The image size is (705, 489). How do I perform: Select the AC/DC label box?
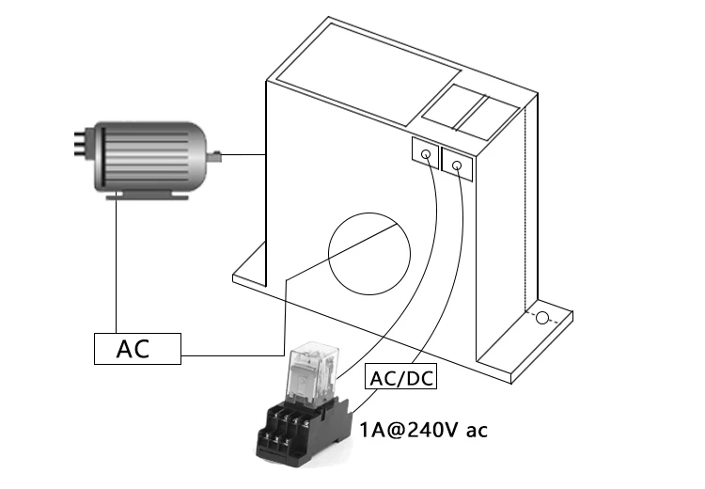(399, 379)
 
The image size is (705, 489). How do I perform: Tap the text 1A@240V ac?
(424, 432)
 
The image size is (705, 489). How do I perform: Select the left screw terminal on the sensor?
(426, 153)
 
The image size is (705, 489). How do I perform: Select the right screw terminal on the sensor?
(457, 166)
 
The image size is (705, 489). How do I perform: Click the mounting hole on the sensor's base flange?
(541, 318)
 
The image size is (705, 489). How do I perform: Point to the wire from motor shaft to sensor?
(244, 153)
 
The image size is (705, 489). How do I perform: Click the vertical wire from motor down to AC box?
(115, 263)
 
